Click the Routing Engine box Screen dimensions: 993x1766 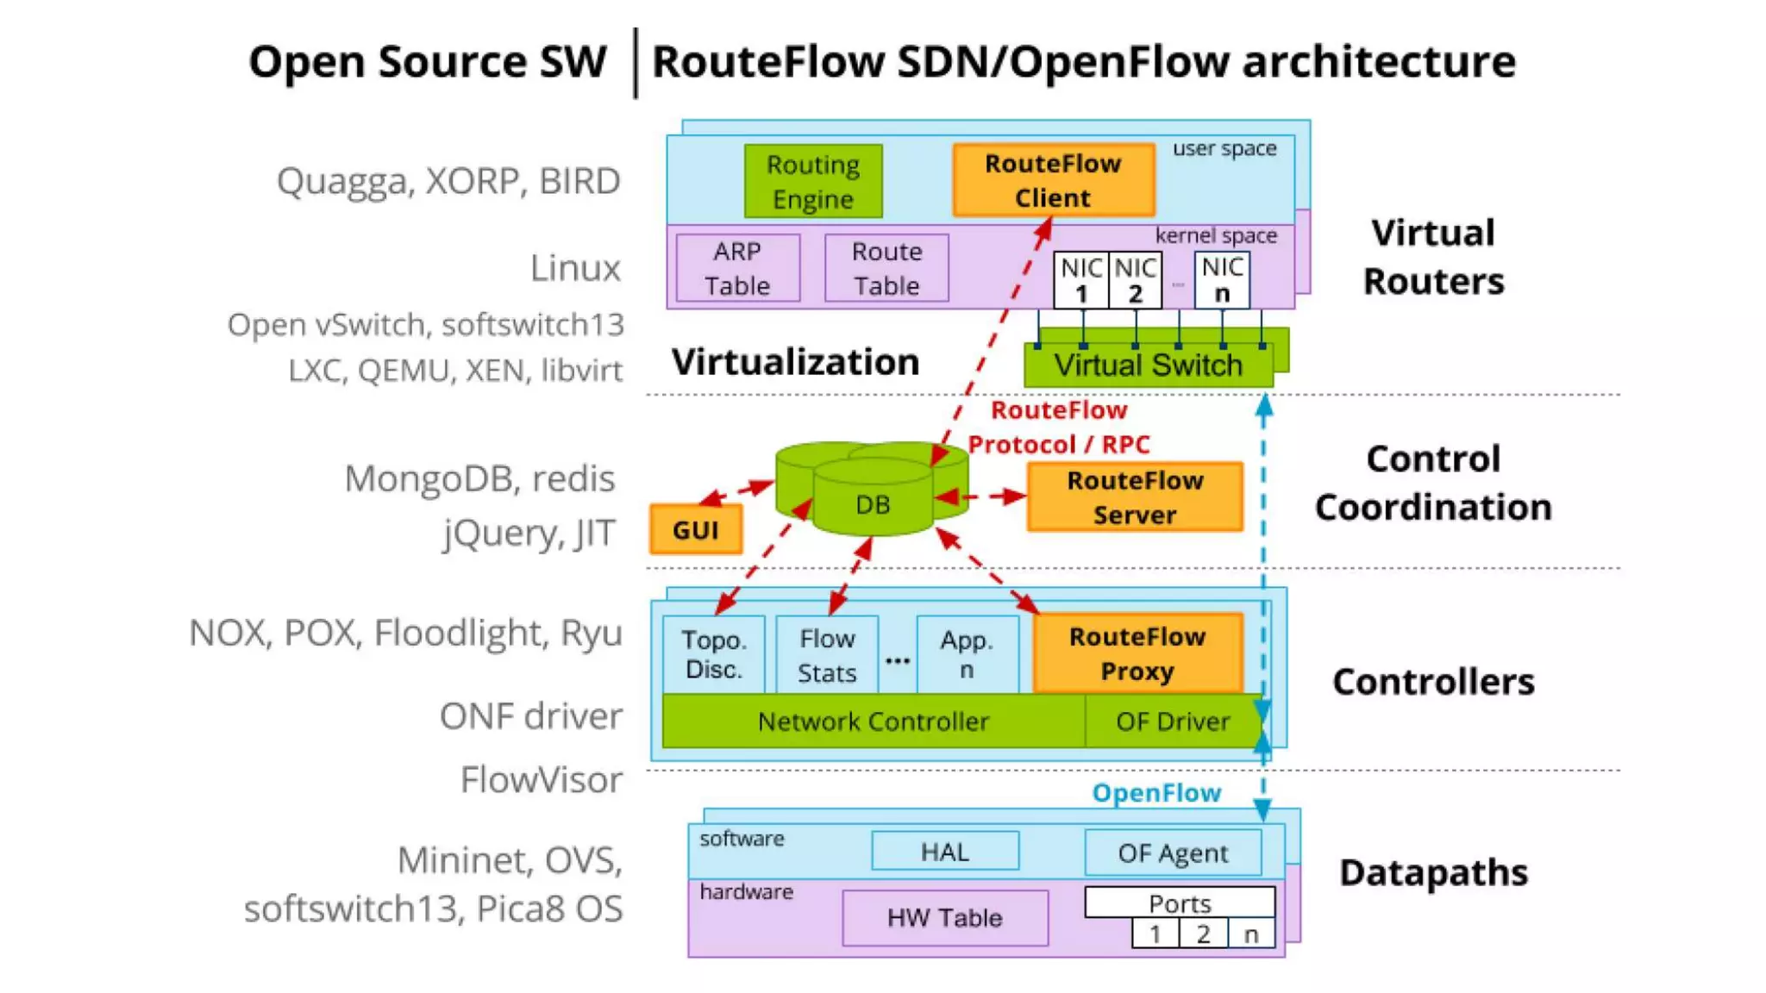click(813, 181)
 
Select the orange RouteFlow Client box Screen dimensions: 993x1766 click(1053, 180)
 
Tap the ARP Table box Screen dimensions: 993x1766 click(737, 268)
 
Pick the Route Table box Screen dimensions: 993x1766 click(886, 268)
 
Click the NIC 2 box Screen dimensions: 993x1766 click(1135, 280)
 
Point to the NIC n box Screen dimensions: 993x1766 click(1222, 280)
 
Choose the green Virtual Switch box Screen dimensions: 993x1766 click(1148, 365)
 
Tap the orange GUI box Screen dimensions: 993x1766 click(696, 529)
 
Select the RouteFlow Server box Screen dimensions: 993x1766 click(1135, 497)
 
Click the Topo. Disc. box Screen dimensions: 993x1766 click(714, 654)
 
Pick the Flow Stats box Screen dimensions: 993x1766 click(827, 655)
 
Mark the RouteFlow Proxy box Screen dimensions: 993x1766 click(1137, 653)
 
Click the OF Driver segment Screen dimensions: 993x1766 click(1172, 721)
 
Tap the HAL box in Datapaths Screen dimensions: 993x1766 click(945, 852)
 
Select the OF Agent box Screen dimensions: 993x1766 click(1173, 852)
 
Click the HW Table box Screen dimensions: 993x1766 click(945, 918)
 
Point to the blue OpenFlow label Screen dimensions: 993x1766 click(1156, 793)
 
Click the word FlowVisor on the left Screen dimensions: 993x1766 click(541, 780)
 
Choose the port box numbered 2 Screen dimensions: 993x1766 click(1203, 934)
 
